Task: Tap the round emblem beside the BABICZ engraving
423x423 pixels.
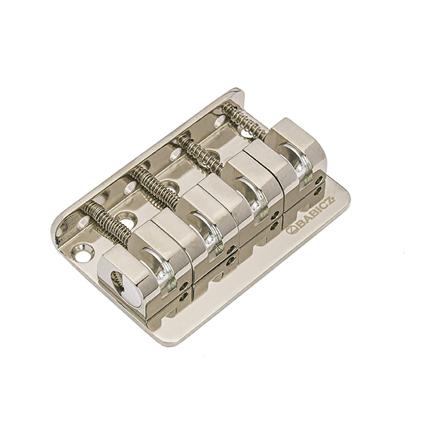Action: point(290,231)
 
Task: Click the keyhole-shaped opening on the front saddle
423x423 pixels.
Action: point(118,282)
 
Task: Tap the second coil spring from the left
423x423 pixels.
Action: point(154,187)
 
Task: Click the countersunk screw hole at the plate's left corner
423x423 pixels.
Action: point(82,253)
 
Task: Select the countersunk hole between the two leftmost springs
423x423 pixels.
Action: point(125,217)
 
